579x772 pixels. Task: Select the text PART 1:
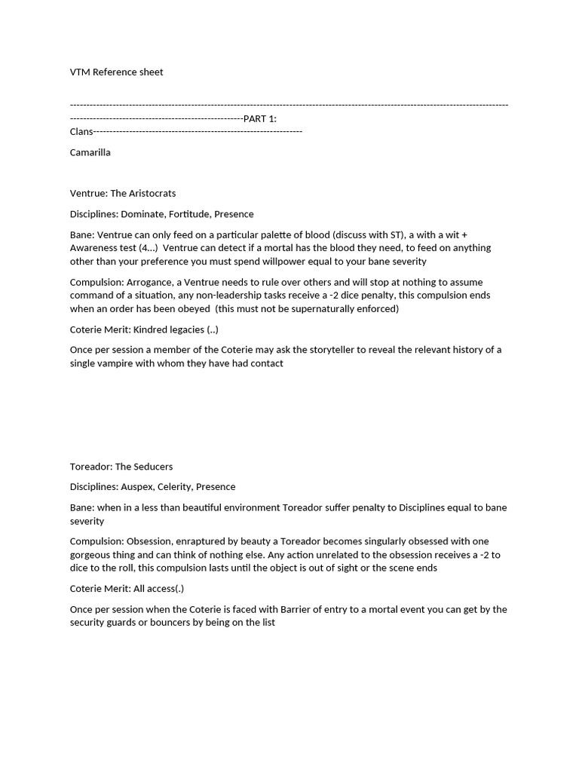coord(260,118)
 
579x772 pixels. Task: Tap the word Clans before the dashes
coord(81,131)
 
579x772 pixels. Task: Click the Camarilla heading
coord(90,152)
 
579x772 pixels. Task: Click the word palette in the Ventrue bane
coord(277,235)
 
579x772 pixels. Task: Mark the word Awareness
coord(93,248)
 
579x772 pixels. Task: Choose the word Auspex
coord(137,487)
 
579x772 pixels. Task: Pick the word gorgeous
coord(90,555)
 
